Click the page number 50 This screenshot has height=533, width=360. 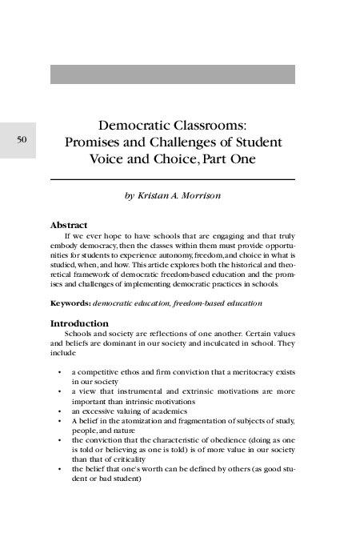tap(22, 140)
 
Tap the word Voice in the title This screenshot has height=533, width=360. tap(107, 159)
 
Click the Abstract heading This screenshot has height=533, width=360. tap(69, 225)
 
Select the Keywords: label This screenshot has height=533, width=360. tap(70, 304)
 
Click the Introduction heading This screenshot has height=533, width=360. tap(79, 323)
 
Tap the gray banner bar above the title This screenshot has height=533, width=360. tap(172, 74)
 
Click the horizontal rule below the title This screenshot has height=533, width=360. tap(172, 179)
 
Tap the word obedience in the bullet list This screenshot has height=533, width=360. tap(215, 439)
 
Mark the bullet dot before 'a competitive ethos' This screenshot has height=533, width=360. tap(60, 372)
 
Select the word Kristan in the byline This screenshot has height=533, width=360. tap(156, 195)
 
